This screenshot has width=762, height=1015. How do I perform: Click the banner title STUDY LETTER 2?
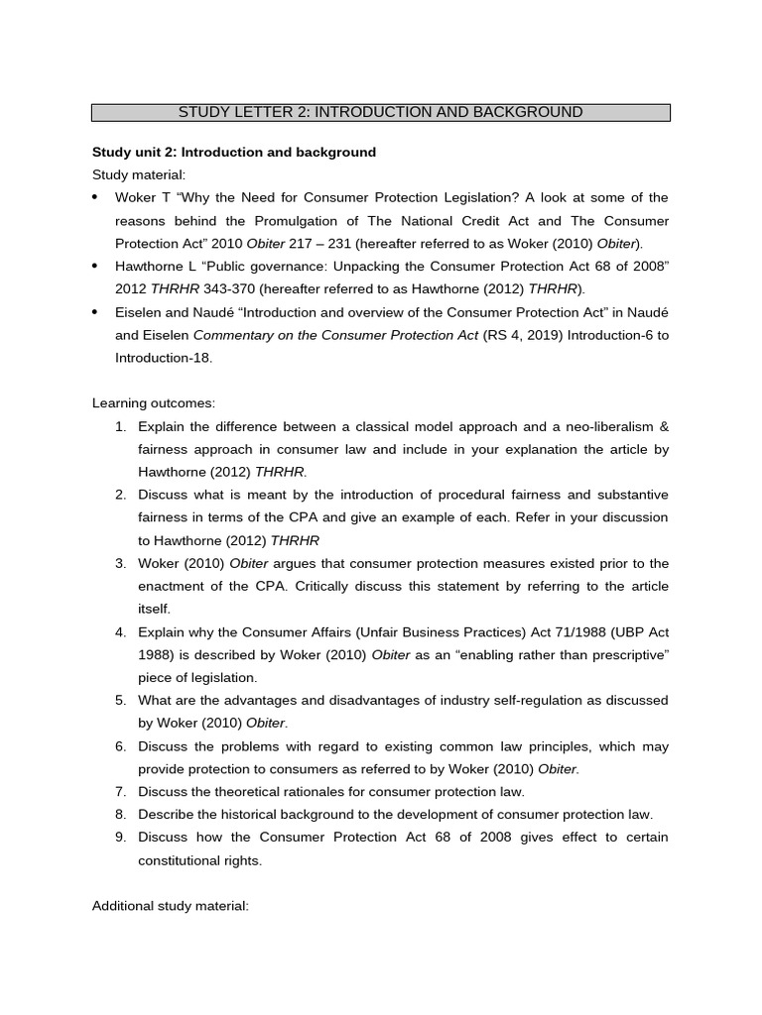coord(380,112)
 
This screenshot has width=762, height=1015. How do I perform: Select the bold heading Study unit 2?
coord(234,152)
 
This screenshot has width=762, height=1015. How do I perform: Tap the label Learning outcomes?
coord(153,403)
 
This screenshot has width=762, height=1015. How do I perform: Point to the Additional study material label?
coord(170,906)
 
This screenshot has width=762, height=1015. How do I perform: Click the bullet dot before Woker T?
coord(95,198)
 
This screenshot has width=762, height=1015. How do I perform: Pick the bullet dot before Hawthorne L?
coord(95,267)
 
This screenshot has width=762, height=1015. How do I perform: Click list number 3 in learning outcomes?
coord(120,563)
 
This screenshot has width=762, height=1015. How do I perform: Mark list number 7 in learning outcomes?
coord(120,791)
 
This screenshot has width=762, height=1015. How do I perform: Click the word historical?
coord(243,814)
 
